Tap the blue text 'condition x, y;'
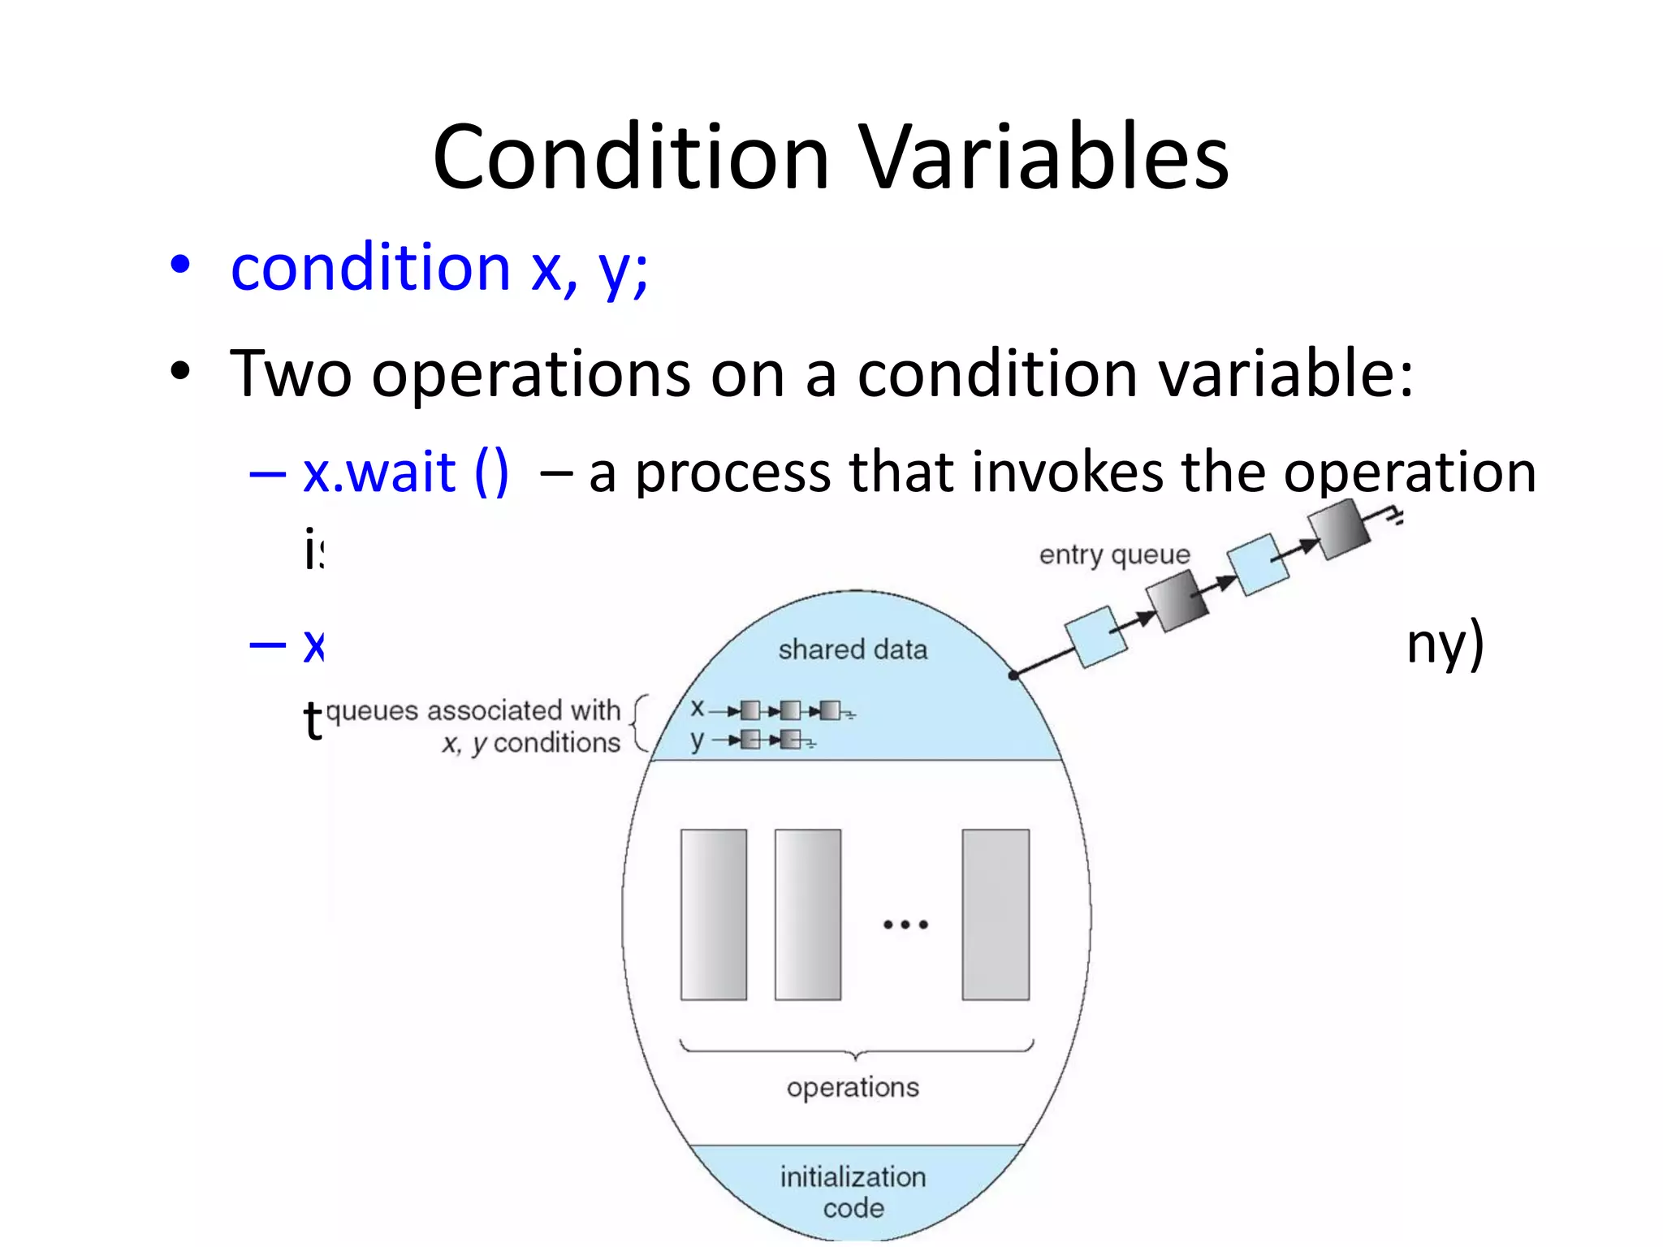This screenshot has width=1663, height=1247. (x=439, y=268)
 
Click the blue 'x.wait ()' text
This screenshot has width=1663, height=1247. (x=405, y=472)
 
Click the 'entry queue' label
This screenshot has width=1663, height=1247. (x=1114, y=554)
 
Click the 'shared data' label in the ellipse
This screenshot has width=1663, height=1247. (x=853, y=649)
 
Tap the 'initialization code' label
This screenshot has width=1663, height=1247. (x=853, y=1192)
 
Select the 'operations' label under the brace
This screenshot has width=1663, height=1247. (x=853, y=1087)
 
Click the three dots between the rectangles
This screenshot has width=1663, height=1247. (x=905, y=924)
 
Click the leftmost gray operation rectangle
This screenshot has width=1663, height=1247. (x=714, y=914)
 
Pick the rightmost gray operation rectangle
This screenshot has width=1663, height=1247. (x=996, y=914)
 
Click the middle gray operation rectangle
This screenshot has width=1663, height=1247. (x=808, y=914)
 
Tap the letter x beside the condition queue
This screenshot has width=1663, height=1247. (x=697, y=709)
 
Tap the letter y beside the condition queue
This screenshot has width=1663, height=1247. (x=697, y=740)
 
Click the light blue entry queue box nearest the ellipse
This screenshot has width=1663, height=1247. (x=1096, y=637)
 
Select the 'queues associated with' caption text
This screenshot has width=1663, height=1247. (x=473, y=710)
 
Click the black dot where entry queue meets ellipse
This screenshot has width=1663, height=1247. (x=1013, y=675)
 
